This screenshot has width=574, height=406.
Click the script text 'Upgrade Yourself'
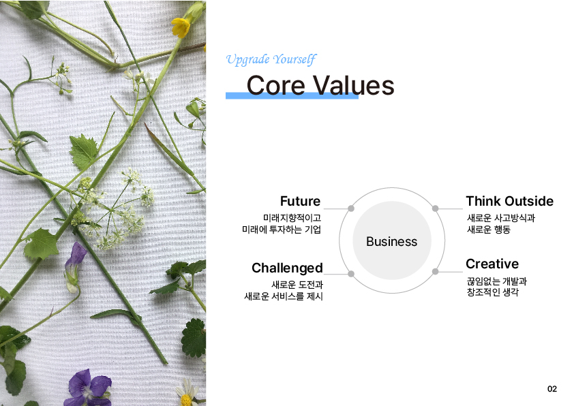(x=271, y=60)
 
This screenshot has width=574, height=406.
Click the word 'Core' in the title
(x=275, y=85)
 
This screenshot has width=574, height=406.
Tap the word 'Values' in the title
(x=354, y=85)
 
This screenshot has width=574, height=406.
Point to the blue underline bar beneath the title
(x=292, y=96)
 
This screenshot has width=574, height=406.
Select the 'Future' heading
(x=300, y=201)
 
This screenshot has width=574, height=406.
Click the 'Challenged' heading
(x=288, y=268)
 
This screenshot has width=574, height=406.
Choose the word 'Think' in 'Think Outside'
(x=482, y=201)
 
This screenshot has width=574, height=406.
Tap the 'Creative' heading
(x=492, y=264)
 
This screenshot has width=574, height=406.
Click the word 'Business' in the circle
(x=392, y=242)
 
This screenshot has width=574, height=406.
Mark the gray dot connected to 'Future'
(x=350, y=208)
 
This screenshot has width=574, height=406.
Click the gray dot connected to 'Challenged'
(x=350, y=274)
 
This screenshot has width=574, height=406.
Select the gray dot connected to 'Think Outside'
(x=435, y=208)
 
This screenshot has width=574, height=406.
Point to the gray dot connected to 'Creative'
(x=435, y=271)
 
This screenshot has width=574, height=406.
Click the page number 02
(x=552, y=389)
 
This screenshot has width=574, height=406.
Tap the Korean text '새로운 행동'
(x=489, y=230)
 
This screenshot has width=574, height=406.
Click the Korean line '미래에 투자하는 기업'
(x=282, y=230)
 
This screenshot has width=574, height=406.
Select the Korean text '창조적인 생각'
(x=493, y=292)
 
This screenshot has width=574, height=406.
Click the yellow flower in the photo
(x=181, y=27)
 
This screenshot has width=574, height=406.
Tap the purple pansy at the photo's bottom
(x=89, y=388)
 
